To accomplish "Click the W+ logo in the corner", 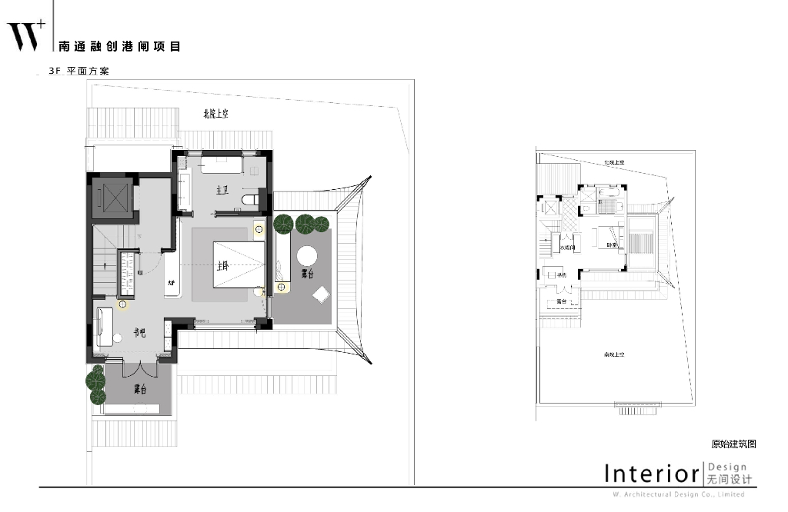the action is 26,33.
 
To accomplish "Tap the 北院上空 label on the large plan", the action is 216,114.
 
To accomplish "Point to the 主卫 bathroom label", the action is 222,190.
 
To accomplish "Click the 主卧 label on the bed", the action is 223,266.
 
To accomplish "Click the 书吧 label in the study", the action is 140,334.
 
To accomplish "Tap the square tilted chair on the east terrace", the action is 320,294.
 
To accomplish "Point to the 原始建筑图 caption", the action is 733,444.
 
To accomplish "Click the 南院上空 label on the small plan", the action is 613,354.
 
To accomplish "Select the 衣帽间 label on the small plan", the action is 569,248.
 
